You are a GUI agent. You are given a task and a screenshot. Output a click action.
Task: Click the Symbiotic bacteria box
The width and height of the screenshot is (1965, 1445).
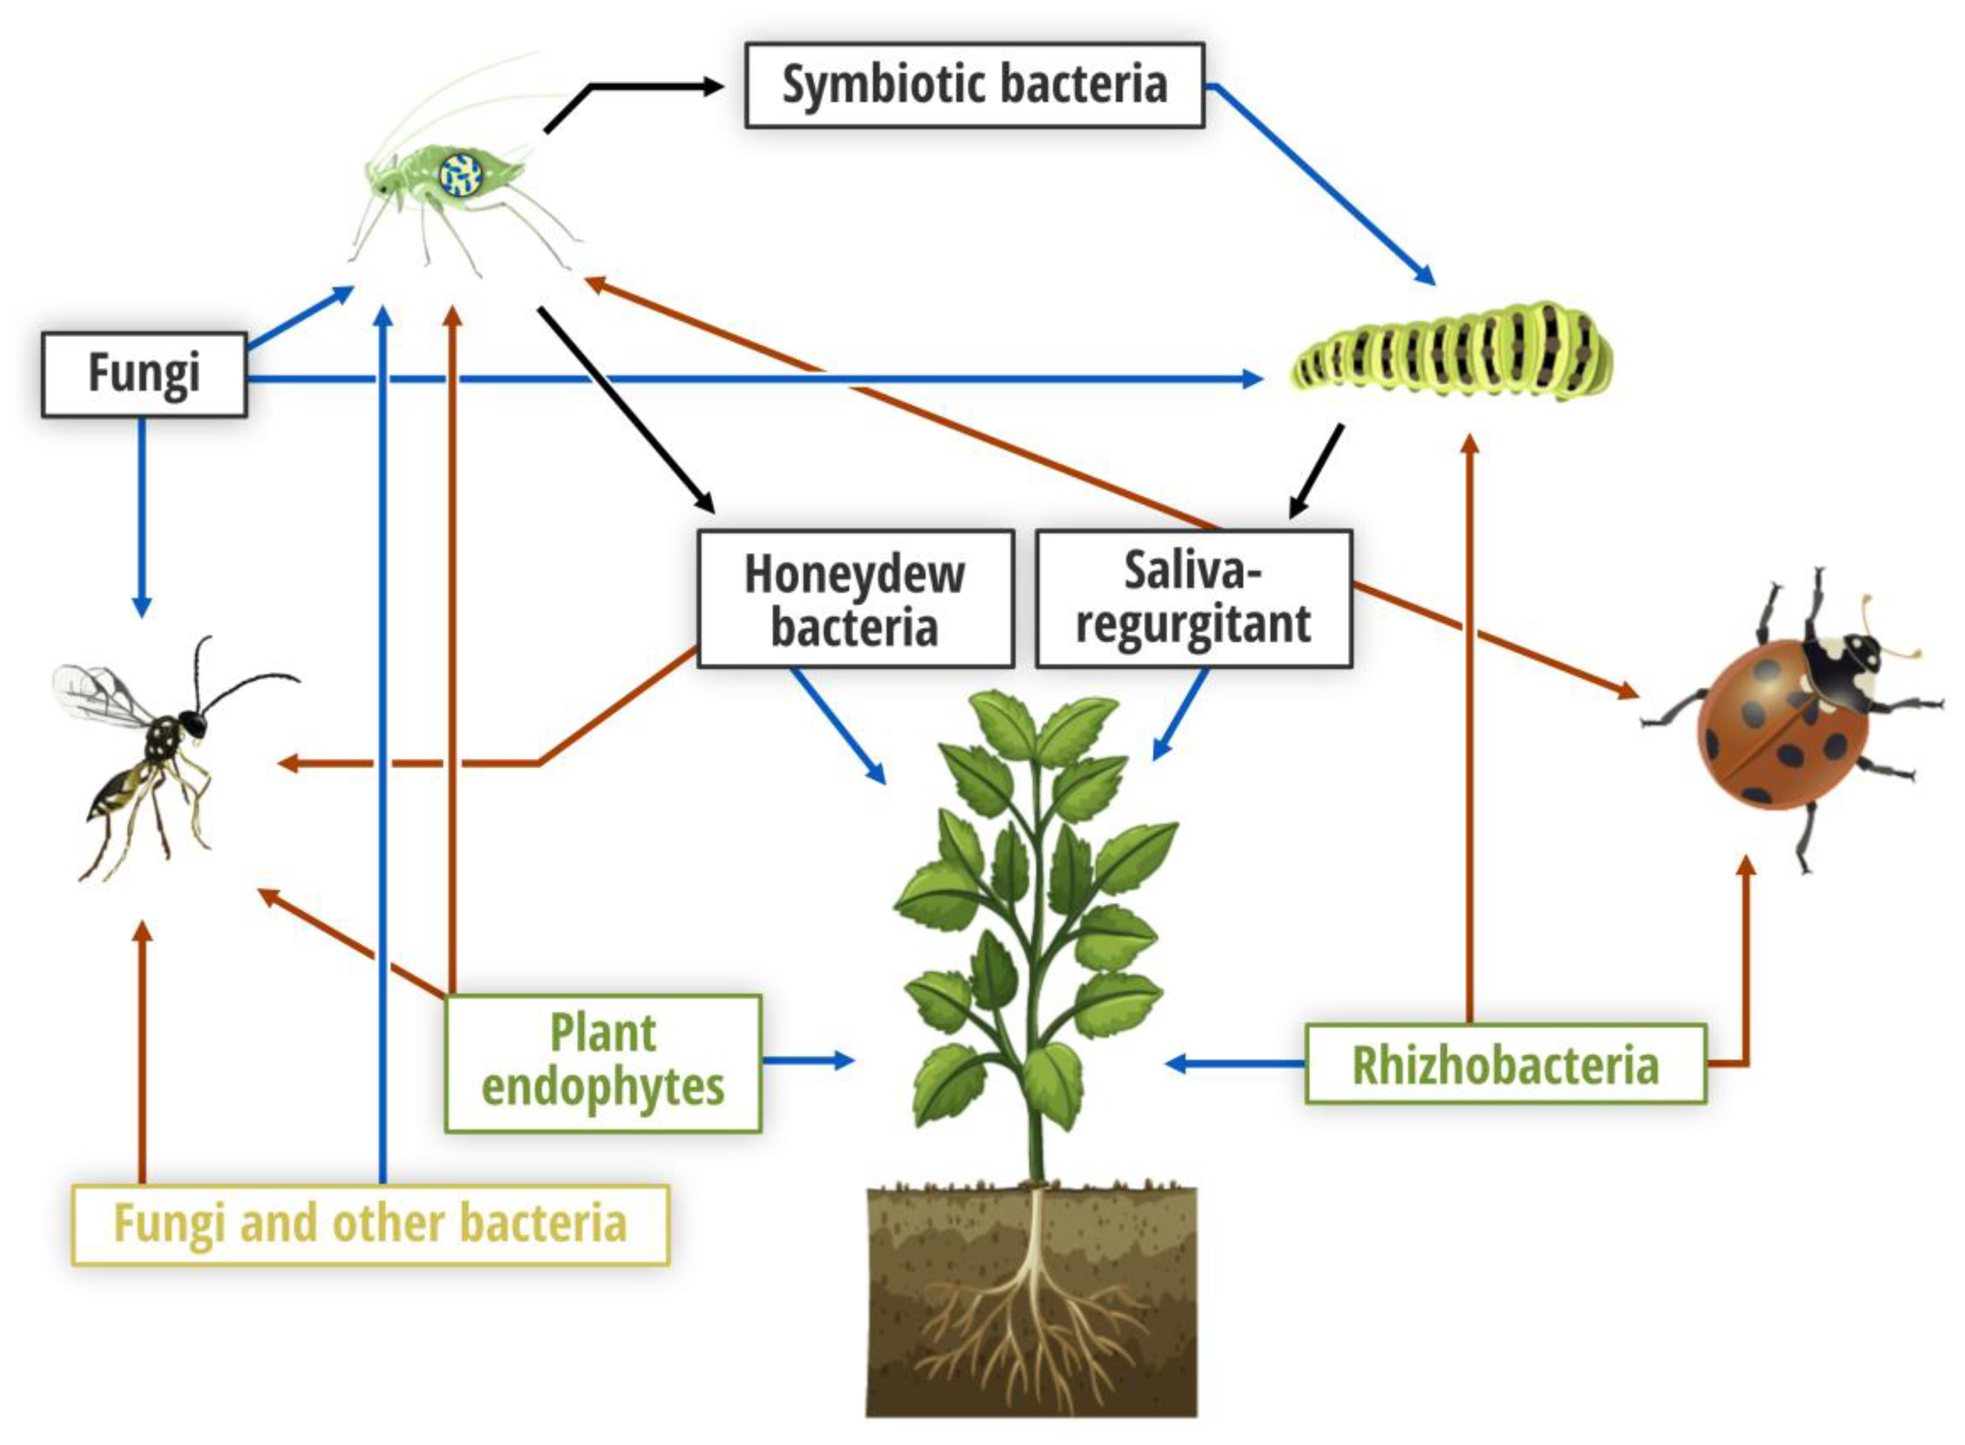(x=973, y=85)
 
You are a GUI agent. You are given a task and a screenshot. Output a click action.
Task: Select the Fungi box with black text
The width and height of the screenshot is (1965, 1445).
(x=144, y=373)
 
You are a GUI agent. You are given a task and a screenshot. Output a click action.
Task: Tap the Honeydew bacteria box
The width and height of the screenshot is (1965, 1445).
(x=855, y=599)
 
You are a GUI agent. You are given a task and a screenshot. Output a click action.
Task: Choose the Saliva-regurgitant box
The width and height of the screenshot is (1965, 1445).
(x=1193, y=599)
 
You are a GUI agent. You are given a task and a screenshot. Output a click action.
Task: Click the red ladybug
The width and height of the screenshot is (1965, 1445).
(x=1784, y=726)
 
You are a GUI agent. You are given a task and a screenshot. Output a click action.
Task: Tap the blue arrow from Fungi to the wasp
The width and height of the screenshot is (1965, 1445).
(x=143, y=516)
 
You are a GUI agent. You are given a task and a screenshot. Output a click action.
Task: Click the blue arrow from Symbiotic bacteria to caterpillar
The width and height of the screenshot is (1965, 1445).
(x=1321, y=184)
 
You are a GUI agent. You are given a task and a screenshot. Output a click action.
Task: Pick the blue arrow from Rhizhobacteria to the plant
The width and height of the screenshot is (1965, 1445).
(x=1233, y=1064)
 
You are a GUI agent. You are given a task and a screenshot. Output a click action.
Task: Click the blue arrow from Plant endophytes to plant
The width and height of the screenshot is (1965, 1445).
(x=804, y=1060)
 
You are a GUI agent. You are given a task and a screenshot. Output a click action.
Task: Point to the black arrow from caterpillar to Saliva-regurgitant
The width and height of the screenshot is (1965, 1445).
(x=1317, y=472)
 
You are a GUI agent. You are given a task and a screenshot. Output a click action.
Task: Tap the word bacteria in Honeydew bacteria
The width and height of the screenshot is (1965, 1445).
(x=855, y=628)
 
